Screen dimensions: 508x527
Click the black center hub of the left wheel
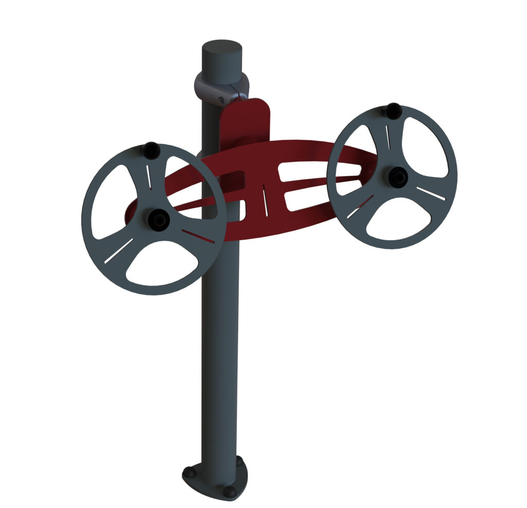pos(159,220)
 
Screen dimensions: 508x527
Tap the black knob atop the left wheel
pos(151,150)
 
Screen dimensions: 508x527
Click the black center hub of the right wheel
pos(397,177)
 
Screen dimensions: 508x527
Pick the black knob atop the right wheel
pos(393,111)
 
